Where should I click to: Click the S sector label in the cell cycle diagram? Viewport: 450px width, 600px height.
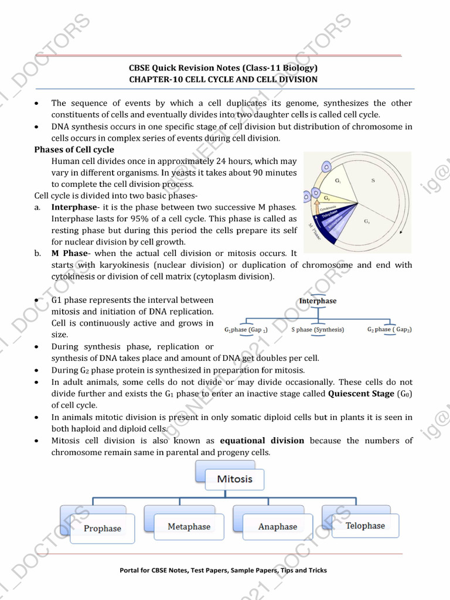(x=373, y=180)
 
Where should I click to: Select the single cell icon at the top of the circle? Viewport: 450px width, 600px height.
(x=326, y=167)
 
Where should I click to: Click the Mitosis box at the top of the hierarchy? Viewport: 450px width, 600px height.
(x=234, y=479)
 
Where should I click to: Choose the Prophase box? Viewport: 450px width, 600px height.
(x=102, y=528)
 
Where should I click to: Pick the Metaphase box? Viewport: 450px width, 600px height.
(x=189, y=526)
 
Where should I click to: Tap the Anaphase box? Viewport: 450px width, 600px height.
(x=277, y=526)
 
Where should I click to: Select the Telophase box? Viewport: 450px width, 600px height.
(x=364, y=526)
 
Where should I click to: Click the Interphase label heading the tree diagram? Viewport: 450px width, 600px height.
(x=318, y=301)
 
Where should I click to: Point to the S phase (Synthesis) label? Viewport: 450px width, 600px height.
(x=318, y=329)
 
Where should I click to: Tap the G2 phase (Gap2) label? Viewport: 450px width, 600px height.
(x=389, y=329)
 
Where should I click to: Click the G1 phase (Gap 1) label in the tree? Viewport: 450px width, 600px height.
(x=246, y=330)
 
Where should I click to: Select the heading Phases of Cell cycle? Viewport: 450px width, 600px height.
(x=74, y=149)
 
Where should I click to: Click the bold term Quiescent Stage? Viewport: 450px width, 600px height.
(x=361, y=393)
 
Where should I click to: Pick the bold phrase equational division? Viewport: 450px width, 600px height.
(x=262, y=440)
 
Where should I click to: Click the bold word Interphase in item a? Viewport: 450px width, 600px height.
(x=73, y=207)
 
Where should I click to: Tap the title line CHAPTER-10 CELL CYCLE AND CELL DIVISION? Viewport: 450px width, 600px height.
(x=223, y=79)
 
